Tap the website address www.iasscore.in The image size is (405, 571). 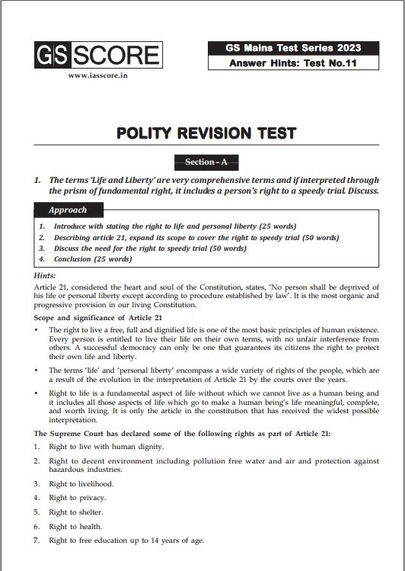tap(98, 75)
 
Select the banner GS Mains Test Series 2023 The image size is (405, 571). tap(293, 48)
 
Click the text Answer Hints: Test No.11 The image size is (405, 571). tap(293, 63)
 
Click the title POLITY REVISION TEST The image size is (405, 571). tap(206, 133)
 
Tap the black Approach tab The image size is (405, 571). tap(68, 210)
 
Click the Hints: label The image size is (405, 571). tap(45, 274)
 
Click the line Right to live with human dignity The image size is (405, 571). tap(106, 446)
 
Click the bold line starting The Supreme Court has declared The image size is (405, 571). tap(181, 433)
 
